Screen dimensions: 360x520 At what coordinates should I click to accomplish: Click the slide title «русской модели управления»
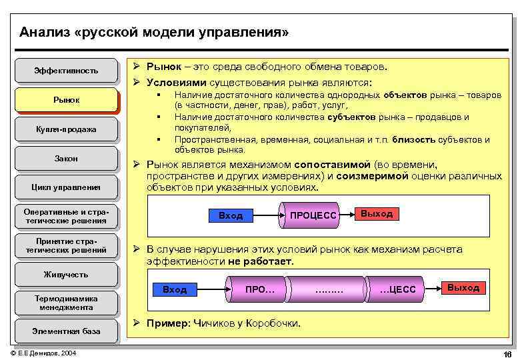click(x=154, y=32)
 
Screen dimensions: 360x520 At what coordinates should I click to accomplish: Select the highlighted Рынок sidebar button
click(x=66, y=100)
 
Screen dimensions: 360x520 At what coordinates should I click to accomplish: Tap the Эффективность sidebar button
click(x=66, y=70)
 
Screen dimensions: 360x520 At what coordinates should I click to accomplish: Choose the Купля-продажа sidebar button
click(x=66, y=129)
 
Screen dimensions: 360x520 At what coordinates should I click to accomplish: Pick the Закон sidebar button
click(x=66, y=159)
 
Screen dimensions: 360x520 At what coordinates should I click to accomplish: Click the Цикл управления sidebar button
click(x=66, y=187)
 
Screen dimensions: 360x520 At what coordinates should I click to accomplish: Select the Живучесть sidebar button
click(x=66, y=274)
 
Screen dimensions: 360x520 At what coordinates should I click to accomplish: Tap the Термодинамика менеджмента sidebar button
click(x=66, y=303)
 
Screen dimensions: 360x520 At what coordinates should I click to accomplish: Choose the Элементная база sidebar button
click(x=66, y=331)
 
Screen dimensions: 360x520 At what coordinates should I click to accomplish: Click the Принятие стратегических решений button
click(x=66, y=245)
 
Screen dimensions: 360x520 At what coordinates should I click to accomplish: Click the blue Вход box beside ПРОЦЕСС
click(x=231, y=215)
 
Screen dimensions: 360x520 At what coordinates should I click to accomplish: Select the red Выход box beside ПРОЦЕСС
click(x=377, y=213)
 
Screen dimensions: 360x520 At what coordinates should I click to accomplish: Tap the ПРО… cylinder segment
click(x=260, y=289)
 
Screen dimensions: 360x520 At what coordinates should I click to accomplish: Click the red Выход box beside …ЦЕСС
click(x=463, y=287)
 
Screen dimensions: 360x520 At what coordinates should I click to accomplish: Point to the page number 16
click(x=507, y=353)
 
